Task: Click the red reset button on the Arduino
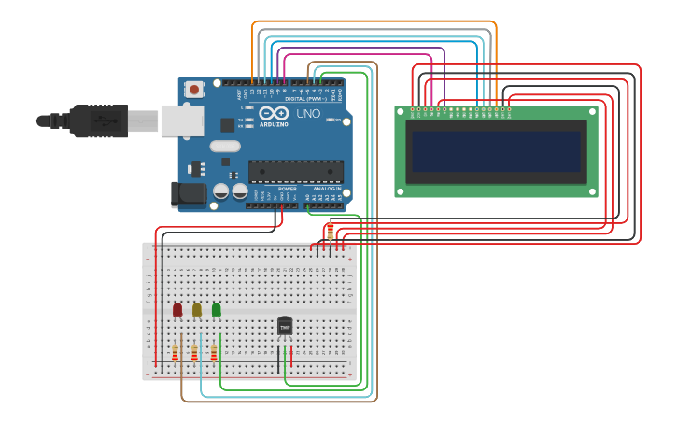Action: [x=194, y=90]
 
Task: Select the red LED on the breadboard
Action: [x=177, y=309]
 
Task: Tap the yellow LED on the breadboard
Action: [x=196, y=309]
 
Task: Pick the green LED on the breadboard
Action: [x=216, y=309]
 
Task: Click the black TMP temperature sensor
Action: [x=285, y=326]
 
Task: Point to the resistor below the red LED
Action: [x=175, y=353]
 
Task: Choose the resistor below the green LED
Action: [x=213, y=353]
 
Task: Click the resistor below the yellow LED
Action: [x=194, y=353]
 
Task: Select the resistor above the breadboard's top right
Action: [x=330, y=230]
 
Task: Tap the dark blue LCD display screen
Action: [x=496, y=150]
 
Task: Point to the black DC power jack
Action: [x=187, y=193]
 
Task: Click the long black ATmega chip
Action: [x=295, y=171]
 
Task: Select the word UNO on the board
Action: [x=308, y=114]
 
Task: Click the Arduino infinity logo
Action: [x=275, y=113]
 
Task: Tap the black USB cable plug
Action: [x=98, y=120]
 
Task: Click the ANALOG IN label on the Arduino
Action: [x=326, y=188]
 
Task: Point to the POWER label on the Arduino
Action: [x=287, y=188]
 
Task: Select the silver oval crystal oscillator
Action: [x=225, y=146]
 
